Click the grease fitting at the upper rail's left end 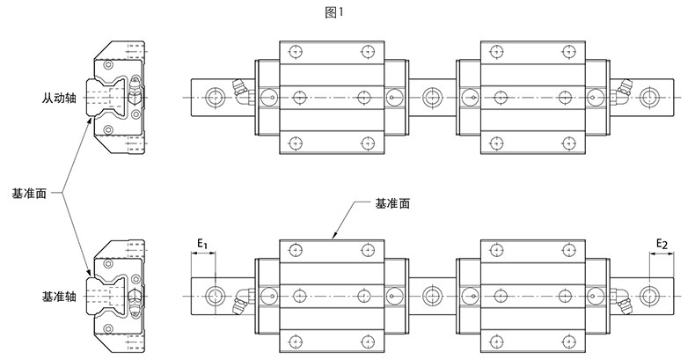pos(239,88)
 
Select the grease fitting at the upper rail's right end pos(624,87)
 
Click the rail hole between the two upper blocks pos(431,95)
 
